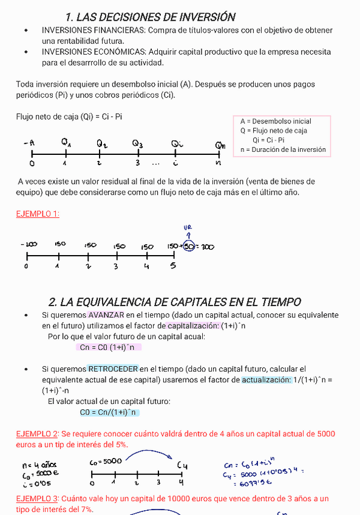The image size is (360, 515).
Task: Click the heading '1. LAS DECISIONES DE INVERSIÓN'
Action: (150, 16)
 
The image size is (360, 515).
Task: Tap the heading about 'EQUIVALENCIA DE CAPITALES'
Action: (174, 302)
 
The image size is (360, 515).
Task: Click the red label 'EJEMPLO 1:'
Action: (38, 214)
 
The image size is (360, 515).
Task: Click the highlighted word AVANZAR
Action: (106, 315)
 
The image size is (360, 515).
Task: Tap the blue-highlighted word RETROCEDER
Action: (113, 369)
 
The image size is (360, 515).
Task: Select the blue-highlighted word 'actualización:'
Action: (267, 380)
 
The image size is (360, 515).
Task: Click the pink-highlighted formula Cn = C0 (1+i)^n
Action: (108, 347)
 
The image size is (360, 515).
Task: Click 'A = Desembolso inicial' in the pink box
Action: (276, 121)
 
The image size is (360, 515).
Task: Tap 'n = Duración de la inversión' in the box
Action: (283, 149)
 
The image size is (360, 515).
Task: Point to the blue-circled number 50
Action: (189, 246)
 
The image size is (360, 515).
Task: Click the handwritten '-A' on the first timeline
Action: (29, 143)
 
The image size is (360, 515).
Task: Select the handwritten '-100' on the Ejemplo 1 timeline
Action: (29, 244)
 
